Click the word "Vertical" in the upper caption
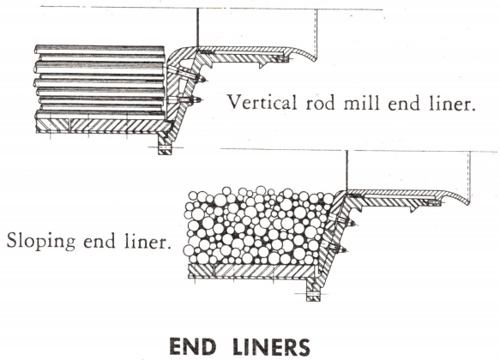point(262,102)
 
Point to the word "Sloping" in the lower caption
point(41,242)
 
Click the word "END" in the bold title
point(193,347)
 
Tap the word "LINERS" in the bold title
point(271,347)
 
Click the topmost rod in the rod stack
point(99,50)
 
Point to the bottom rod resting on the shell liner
point(99,115)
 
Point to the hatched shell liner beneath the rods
point(100,126)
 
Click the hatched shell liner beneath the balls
point(252,270)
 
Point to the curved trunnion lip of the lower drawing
point(455,196)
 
